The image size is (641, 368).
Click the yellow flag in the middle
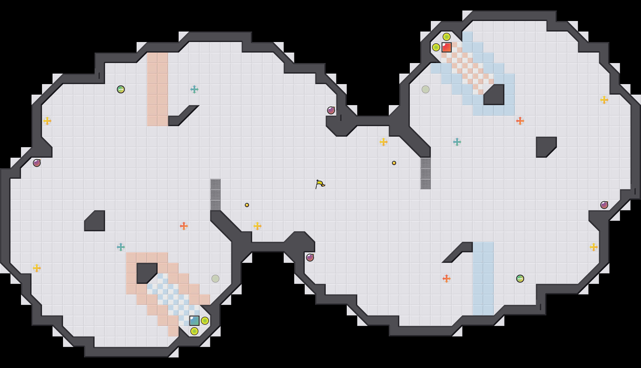click(320, 184)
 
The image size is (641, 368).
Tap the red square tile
click(447, 47)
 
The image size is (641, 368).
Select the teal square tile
click(194, 321)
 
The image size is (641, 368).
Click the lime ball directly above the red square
click(447, 37)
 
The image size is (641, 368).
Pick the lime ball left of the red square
click(436, 47)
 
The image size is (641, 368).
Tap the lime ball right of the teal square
click(205, 321)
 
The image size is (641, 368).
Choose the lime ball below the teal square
click(194, 331)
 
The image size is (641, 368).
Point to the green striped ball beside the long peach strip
click(121, 89)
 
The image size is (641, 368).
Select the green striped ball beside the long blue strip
click(520, 279)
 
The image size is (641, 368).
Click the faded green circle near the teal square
click(215, 279)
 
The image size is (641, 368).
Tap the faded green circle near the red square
click(426, 89)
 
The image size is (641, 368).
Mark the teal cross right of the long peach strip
click(194, 89)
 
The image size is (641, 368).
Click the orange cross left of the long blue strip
click(447, 279)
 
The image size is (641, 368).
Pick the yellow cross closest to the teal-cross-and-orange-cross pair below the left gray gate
click(257, 226)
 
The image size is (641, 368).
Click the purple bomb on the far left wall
click(37, 163)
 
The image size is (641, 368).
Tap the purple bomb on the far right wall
click(604, 205)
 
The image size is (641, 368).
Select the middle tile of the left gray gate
click(215, 195)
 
